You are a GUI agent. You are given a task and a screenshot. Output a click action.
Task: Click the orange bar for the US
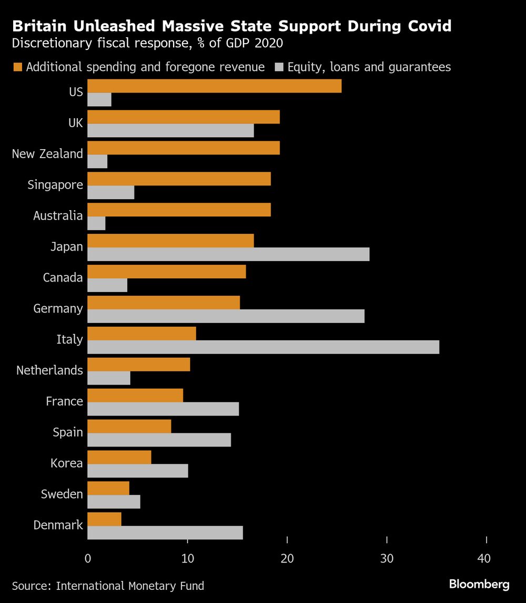point(214,86)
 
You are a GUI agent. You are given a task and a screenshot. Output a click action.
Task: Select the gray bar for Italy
point(263,347)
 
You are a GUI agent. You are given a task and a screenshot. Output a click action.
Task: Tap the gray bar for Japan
point(228,254)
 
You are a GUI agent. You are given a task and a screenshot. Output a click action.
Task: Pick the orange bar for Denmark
point(104,519)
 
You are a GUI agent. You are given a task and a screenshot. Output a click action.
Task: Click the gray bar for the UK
point(170,130)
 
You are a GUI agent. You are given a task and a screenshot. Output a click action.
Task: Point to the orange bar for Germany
point(164,303)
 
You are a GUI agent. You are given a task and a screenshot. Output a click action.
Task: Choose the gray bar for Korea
point(137,471)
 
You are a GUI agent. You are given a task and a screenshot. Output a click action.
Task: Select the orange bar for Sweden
point(108,488)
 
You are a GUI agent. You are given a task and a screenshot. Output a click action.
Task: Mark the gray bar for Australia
point(96,223)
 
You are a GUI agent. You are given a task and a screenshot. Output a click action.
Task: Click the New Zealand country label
point(47,154)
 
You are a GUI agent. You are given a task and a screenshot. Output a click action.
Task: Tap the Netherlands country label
point(49,370)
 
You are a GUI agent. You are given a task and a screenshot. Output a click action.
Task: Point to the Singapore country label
point(55,185)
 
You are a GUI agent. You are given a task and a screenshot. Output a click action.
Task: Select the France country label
point(64,401)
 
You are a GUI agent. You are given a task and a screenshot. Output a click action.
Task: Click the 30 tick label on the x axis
point(387,558)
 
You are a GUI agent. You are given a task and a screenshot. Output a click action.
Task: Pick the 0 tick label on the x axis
point(87,558)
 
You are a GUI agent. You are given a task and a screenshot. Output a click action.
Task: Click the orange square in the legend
point(17,67)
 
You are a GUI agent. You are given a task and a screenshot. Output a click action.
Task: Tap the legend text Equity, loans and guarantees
point(369,67)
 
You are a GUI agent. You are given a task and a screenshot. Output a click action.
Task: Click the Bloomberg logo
point(479,584)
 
